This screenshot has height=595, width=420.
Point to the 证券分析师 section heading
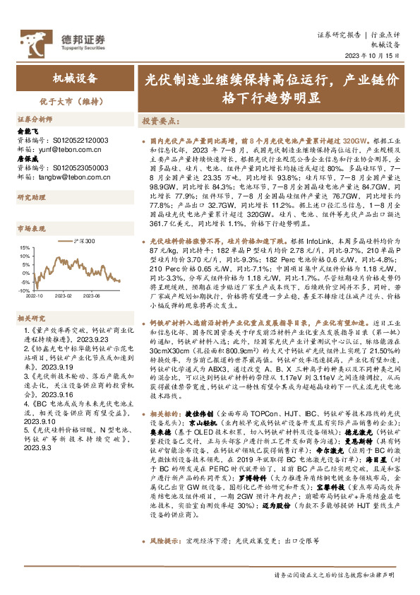[35, 119]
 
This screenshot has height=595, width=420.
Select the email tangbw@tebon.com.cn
[63, 177]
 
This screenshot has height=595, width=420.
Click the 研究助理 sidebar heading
[30, 197]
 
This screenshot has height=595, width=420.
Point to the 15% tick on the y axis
[24, 248]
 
